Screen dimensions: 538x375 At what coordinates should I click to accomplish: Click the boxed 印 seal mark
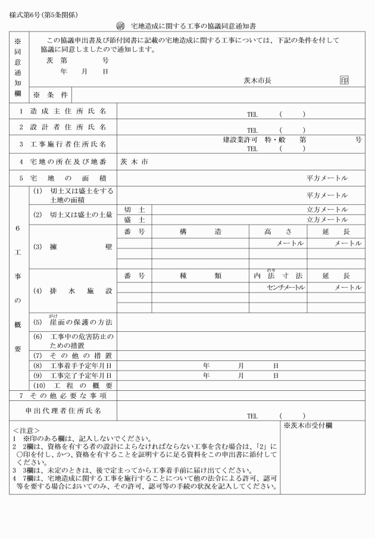tap(344, 80)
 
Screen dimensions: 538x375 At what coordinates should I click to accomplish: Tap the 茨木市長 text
tap(257, 80)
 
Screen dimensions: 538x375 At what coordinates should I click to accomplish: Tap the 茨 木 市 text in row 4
tap(133, 161)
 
